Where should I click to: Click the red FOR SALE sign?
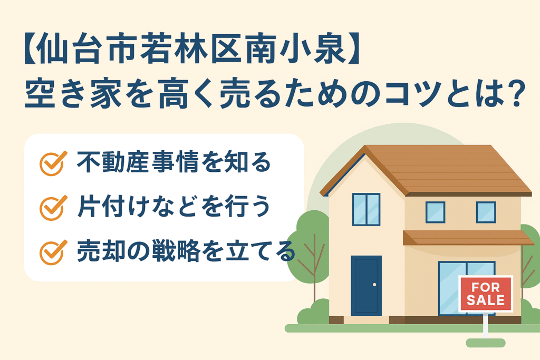point(486,294)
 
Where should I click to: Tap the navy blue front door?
point(366,286)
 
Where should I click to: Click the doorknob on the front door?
point(374,285)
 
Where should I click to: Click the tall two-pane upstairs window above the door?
point(366,209)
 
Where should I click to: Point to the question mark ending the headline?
point(516,94)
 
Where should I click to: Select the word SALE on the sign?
point(486,300)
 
